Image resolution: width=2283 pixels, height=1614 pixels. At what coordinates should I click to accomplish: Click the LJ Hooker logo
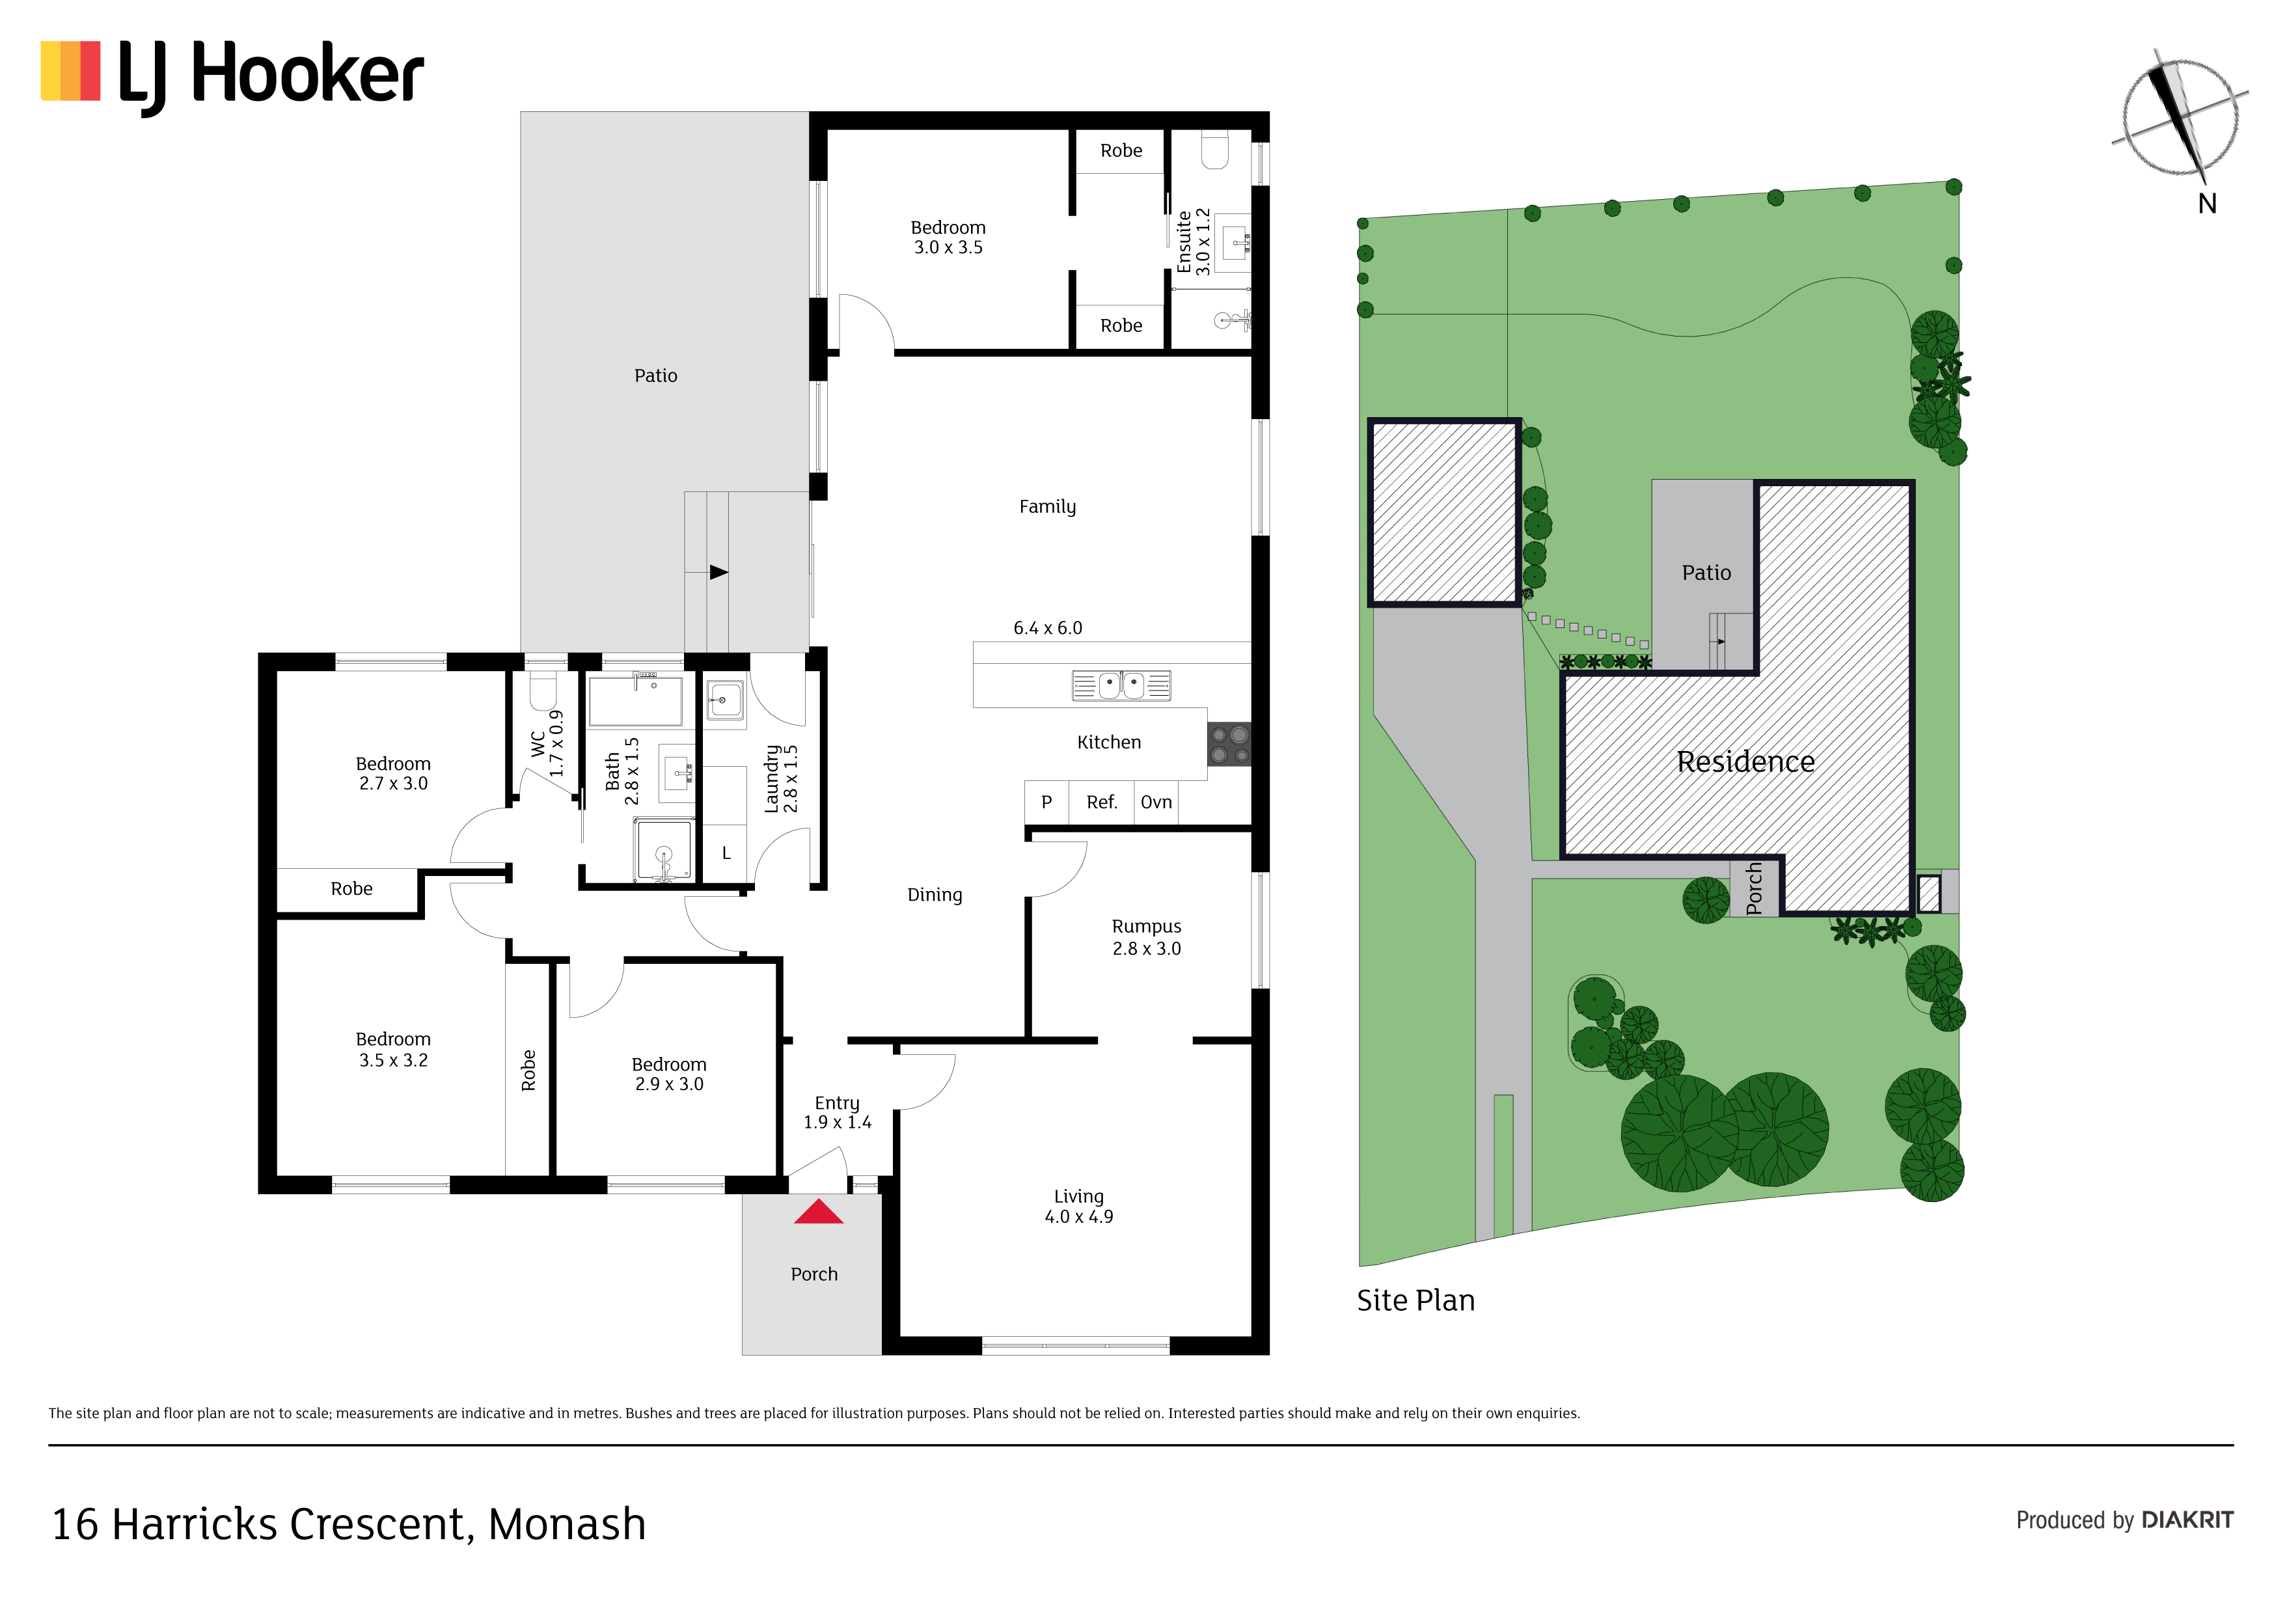pos(232,75)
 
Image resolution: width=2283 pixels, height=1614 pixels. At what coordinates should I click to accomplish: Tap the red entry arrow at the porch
pos(818,1212)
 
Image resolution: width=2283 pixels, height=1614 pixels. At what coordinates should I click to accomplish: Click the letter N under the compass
pos(2208,204)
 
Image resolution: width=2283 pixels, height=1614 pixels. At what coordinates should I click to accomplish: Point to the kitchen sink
pos(1121,685)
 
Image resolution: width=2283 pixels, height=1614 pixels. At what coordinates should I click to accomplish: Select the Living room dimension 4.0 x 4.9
pos(1079,1217)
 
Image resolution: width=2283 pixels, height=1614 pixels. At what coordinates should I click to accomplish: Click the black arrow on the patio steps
pos(719,572)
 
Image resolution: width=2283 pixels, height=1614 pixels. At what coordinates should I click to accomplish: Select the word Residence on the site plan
pos(1745,761)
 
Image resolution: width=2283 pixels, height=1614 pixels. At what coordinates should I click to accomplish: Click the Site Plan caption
pos(1416,1301)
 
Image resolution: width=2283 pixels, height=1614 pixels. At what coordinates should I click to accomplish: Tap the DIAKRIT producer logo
pos(2187,1520)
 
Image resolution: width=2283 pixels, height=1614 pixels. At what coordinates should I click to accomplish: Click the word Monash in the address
pos(567,1524)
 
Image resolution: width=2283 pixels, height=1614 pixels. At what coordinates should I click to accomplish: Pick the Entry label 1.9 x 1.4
pos(837,1113)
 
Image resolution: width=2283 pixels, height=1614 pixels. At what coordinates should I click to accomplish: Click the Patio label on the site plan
pos(1706,573)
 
